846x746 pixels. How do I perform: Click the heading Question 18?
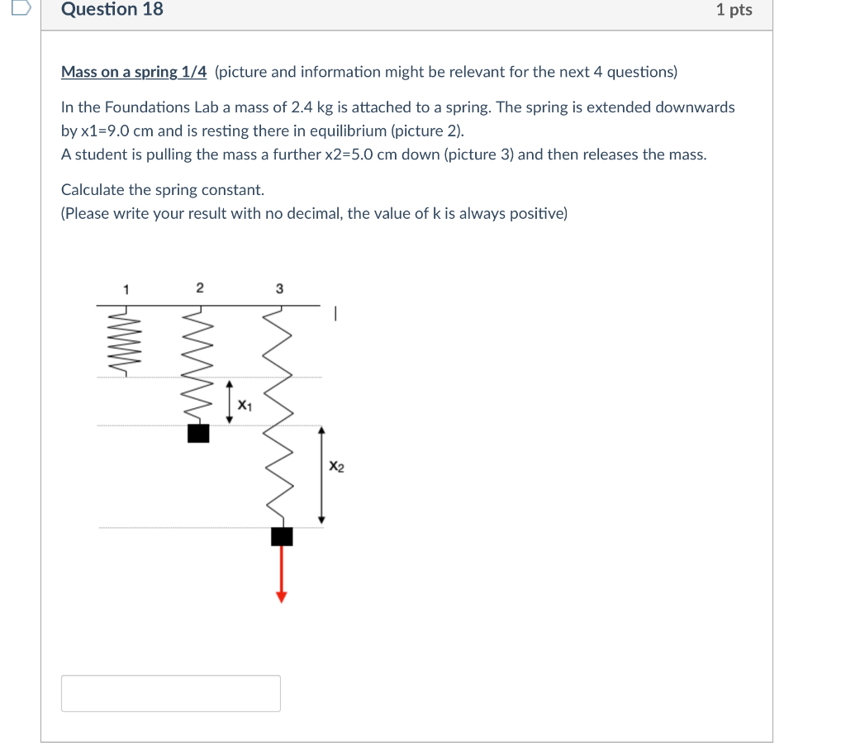tap(112, 10)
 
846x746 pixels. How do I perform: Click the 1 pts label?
tap(734, 10)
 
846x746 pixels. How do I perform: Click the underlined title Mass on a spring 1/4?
tap(134, 72)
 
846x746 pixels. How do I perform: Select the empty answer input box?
tap(170, 693)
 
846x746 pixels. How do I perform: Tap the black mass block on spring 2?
tap(198, 433)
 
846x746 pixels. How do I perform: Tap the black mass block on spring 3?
tap(282, 536)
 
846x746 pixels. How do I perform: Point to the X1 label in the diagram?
tap(245, 405)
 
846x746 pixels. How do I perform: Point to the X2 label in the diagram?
tap(336, 467)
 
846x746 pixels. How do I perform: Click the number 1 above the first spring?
tap(126, 289)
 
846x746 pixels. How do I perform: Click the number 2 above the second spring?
tap(199, 288)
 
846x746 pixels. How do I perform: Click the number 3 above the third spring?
tap(279, 289)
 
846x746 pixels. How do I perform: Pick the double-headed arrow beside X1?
tap(231, 402)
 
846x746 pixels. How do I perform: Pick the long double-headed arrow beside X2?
tap(322, 475)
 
